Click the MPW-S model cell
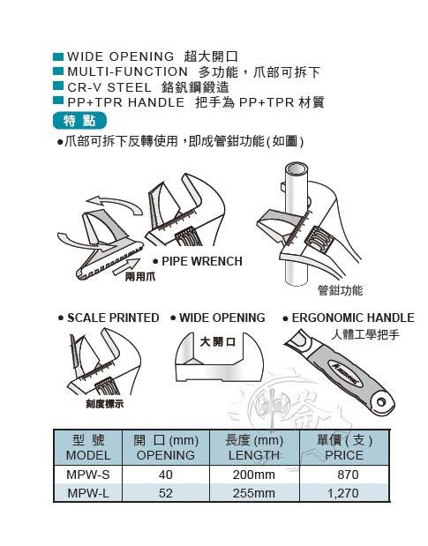88,474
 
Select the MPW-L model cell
88,493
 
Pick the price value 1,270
345,493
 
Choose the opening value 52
165,493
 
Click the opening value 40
165,474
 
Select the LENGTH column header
253,455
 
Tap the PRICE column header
343,455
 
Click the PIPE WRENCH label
201,261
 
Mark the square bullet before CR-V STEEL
58,87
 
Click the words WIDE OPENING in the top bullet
115,56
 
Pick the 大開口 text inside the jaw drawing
217,340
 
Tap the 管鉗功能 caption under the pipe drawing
340,289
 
